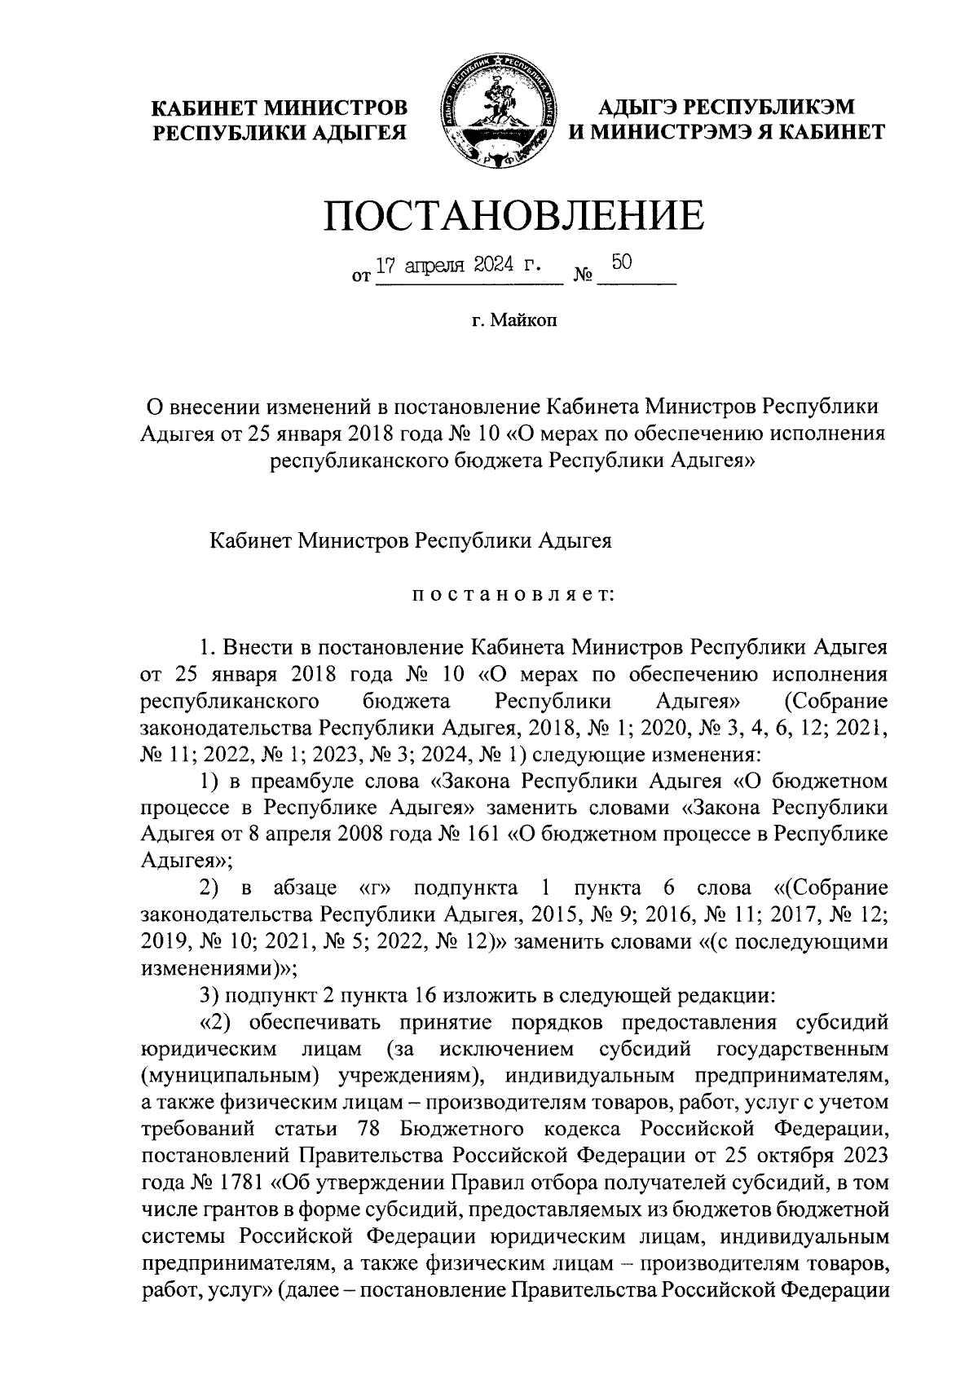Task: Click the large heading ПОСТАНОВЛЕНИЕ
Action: [x=513, y=214]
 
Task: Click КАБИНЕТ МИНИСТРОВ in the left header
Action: [x=280, y=108]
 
